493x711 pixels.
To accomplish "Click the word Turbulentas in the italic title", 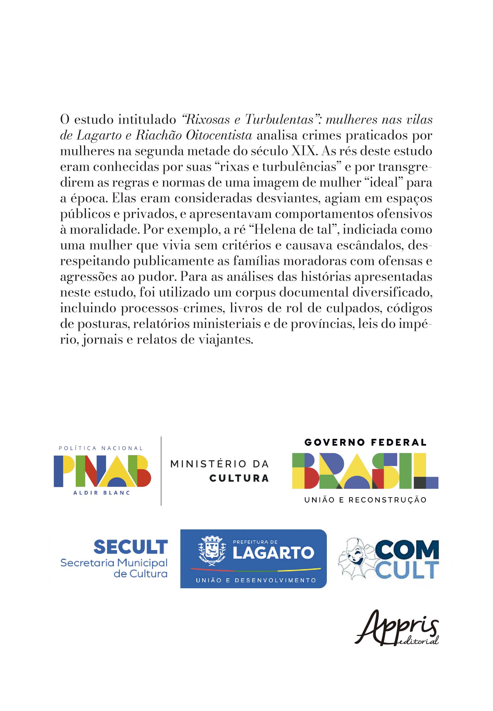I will click(279, 119).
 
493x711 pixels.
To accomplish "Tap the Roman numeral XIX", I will click(304, 151).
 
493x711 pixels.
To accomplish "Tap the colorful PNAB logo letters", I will click(102, 471).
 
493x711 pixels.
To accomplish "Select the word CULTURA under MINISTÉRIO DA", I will click(239, 478).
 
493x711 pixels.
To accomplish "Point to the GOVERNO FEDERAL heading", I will click(365, 442).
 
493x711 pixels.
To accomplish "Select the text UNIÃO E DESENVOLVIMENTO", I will click(256, 580).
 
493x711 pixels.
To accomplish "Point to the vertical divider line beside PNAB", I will click(161, 471).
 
